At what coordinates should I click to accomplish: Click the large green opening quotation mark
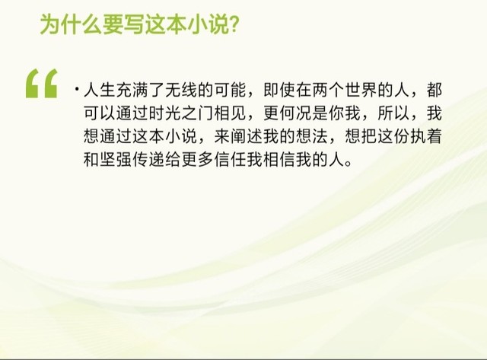pos(41,84)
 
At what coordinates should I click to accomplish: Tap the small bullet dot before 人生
pos(76,90)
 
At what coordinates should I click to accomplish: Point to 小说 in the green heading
pos(208,24)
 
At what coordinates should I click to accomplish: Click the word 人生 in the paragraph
pos(100,90)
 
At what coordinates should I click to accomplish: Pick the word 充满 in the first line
pos(132,90)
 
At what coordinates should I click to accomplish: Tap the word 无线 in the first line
pos(181,90)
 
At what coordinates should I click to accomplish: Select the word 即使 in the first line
pos(279,90)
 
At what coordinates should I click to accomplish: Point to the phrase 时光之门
pos(181,113)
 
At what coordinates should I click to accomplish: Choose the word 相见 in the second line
pos(230,113)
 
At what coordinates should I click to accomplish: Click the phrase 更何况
pos(288,113)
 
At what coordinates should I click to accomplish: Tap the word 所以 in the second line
pos(394,113)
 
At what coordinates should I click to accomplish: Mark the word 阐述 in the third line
pos(247,136)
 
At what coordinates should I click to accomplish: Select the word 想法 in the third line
pos(312,136)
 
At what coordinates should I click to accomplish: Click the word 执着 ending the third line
pos(426,136)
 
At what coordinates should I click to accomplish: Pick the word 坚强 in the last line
pos(116,160)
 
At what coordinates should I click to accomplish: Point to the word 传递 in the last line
pos(148,160)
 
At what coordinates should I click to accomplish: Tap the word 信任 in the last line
pos(230,160)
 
